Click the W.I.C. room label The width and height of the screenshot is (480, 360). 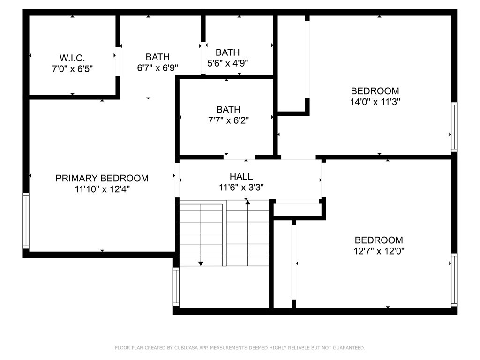72,58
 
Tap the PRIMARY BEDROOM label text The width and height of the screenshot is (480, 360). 102,178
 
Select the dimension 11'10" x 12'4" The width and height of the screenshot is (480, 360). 102,189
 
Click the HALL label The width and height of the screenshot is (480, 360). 241,177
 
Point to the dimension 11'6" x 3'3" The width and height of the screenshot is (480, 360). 241,187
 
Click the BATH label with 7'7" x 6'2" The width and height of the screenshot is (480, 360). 228,110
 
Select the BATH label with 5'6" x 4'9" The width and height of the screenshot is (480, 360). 227,52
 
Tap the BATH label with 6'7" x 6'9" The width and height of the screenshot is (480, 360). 157,57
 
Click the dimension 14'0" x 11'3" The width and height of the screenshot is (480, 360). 375,101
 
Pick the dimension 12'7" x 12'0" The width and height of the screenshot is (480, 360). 379,251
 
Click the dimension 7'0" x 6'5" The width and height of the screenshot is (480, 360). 72,69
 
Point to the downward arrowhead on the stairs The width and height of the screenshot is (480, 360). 201,263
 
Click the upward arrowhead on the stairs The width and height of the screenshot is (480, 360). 247,202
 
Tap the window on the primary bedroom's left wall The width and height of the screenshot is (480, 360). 26,221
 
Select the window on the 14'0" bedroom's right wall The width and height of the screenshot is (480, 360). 454,127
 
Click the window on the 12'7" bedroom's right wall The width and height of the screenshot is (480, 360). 454,280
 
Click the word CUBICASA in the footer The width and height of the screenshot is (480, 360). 190,348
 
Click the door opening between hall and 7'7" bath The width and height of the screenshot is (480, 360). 240,157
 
